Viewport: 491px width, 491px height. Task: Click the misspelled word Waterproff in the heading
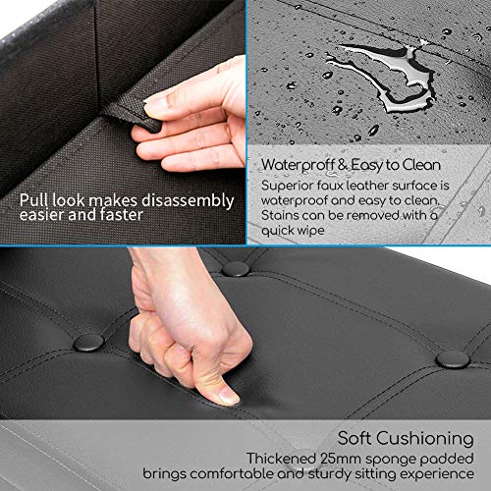tap(298, 165)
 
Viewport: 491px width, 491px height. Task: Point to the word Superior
tap(287, 187)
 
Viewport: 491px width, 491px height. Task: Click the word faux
tap(330, 186)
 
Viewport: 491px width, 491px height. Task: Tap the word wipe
tap(311, 231)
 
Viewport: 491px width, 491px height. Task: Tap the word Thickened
tap(282, 459)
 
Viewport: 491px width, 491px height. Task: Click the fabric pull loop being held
tap(132, 114)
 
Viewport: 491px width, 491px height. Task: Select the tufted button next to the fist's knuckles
tap(88, 343)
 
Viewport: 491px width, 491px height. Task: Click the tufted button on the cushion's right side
tap(453, 359)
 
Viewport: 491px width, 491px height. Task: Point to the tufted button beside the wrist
tap(236, 269)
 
